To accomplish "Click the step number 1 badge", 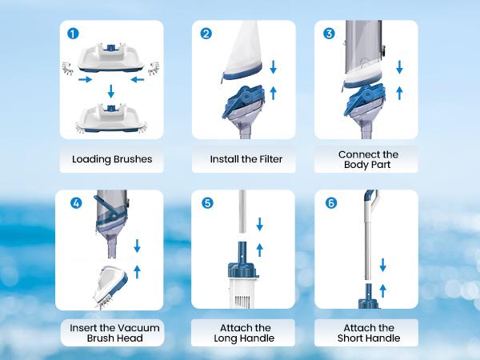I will [x=74, y=34].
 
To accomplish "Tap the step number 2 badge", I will [x=206, y=34].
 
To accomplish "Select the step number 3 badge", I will [x=328, y=34].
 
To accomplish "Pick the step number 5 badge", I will [x=208, y=203].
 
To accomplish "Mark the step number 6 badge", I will [x=330, y=203].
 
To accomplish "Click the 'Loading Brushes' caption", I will [x=112, y=159].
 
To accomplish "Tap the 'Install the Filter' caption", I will [x=246, y=159].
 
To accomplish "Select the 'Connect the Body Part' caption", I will [x=368, y=159].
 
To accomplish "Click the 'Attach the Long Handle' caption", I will [x=246, y=333].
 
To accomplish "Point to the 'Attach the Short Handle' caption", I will [x=369, y=333].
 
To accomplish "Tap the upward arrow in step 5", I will [x=259, y=249].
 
